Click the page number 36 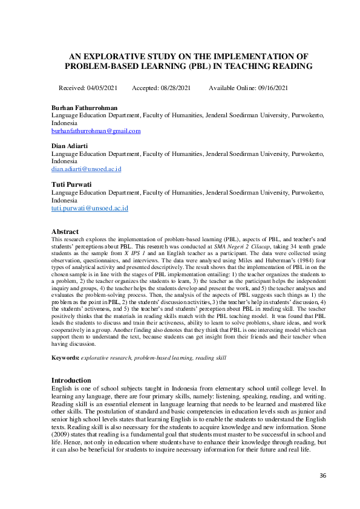(x=322, y=476)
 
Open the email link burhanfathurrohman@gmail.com (x=96, y=131)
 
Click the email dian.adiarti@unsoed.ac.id (x=86, y=169)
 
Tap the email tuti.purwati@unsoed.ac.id (x=90, y=208)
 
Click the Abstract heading (x=65, y=232)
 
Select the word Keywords (x=65, y=358)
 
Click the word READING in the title (x=293, y=66)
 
